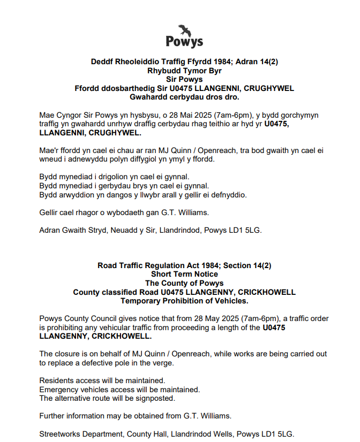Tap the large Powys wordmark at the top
pyautogui.click(x=184, y=42)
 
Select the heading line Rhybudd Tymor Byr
pyautogui.click(x=184, y=71)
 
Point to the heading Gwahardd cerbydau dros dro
pyautogui.click(x=184, y=97)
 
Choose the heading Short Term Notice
pyautogui.click(x=184, y=274)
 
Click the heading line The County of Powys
pyautogui.click(x=184, y=283)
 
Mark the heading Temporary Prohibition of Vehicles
pyautogui.click(x=184, y=301)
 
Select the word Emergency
pyautogui.click(x=60, y=390)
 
